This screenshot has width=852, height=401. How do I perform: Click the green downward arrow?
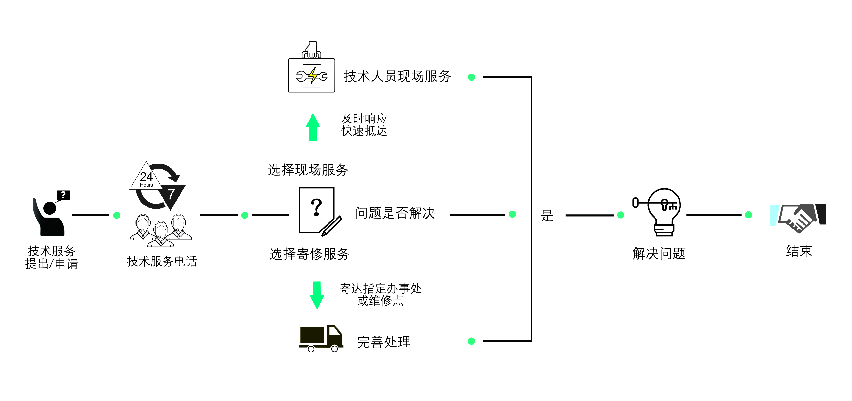317,295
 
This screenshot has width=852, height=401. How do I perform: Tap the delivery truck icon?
320,338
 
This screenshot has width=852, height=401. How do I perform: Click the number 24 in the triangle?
146,177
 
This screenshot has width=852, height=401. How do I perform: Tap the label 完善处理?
384,342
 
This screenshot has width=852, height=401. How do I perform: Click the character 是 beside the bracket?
547,216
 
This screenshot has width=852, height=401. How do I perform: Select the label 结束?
799,251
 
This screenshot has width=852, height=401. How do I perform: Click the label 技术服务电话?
162,261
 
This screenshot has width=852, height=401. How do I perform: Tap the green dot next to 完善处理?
471,341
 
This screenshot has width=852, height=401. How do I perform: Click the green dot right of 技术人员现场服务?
472,77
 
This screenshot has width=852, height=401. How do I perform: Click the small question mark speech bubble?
63,195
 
